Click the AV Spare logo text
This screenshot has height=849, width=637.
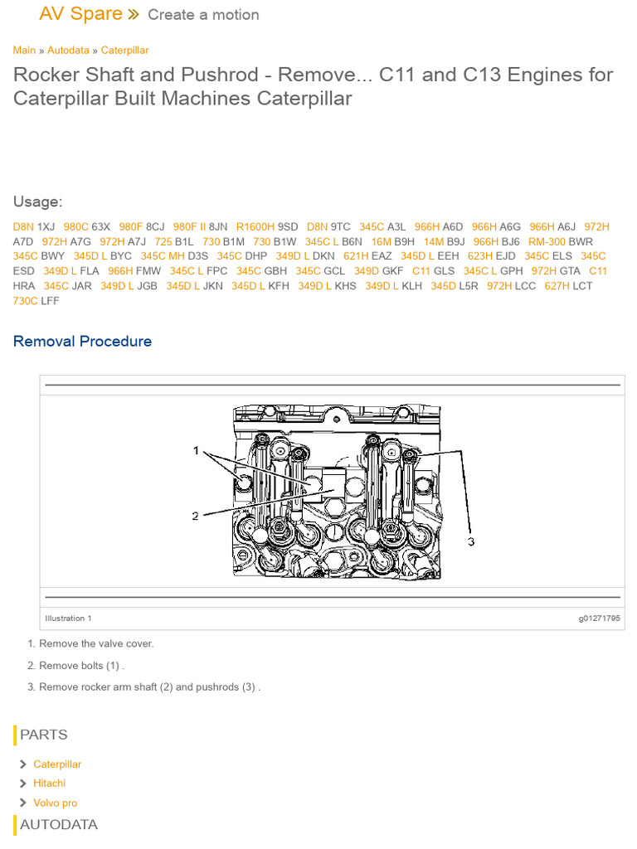(x=80, y=14)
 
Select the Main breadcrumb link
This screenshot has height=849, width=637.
(x=24, y=51)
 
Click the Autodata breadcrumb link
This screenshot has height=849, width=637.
(x=68, y=51)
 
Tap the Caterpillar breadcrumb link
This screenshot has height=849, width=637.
(x=124, y=51)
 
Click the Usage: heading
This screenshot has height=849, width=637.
(x=37, y=202)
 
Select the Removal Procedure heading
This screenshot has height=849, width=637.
(x=82, y=342)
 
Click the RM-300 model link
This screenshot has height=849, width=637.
(x=547, y=241)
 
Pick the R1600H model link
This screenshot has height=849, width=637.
(x=255, y=226)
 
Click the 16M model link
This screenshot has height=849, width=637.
(x=381, y=241)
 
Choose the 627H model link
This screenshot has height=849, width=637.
(x=557, y=286)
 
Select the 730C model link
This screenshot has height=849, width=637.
(x=25, y=301)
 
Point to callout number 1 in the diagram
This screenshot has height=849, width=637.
(x=197, y=451)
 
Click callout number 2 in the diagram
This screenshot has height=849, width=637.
(x=196, y=516)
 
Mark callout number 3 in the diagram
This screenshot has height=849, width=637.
(x=470, y=541)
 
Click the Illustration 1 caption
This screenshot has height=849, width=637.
(x=68, y=619)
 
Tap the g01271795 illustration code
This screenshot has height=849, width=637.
(x=599, y=619)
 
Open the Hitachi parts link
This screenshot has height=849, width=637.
(x=49, y=784)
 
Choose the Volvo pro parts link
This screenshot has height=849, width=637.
(x=55, y=803)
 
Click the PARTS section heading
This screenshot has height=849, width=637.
(x=44, y=735)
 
